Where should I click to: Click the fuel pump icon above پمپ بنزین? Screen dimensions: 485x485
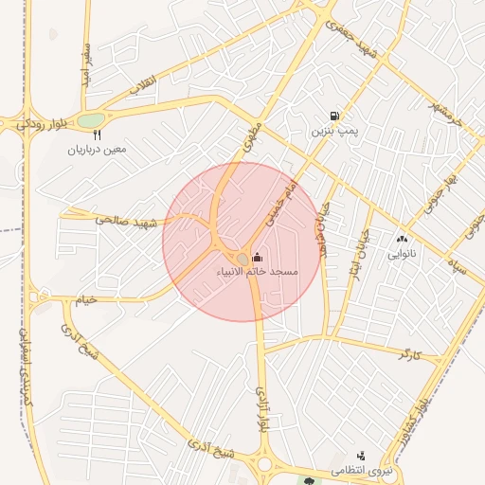pyautogui.click(x=333, y=117)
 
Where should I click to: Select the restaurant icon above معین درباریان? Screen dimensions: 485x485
pyautogui.click(x=97, y=135)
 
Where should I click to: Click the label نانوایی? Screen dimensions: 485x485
pyautogui.click(x=402, y=255)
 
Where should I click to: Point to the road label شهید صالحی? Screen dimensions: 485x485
pyautogui.click(x=124, y=221)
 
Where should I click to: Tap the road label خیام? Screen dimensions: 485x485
pyautogui.click(x=86, y=299)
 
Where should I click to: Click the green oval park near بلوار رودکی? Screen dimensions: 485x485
pyautogui.click(x=90, y=120)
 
